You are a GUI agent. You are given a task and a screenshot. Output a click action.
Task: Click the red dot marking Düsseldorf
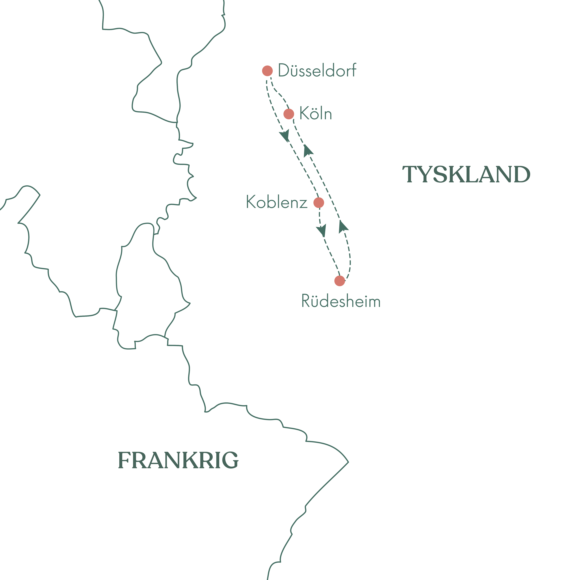tap(267, 71)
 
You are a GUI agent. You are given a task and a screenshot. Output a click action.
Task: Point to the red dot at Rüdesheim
tap(339, 281)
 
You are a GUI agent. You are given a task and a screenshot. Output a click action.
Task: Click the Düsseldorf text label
tap(317, 71)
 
